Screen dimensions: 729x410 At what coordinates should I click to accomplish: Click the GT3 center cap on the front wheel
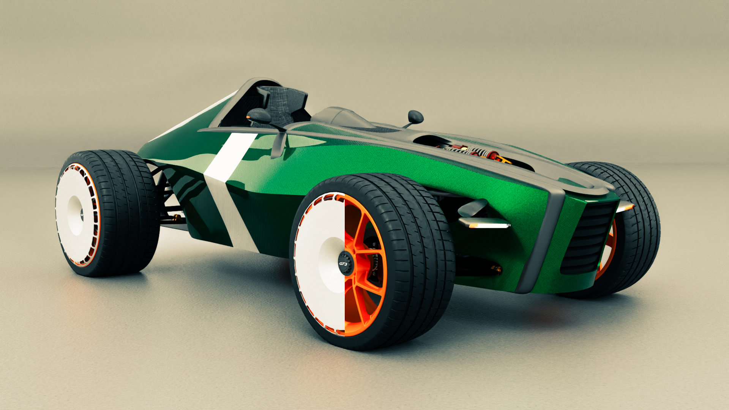pyautogui.click(x=344, y=263)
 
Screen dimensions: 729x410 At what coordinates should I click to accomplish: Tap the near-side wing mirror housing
pyautogui.click(x=259, y=116)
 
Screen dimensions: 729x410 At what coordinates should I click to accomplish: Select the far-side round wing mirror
pyautogui.click(x=416, y=117)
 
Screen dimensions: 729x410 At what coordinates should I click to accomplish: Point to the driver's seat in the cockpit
pyautogui.click(x=283, y=104)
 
